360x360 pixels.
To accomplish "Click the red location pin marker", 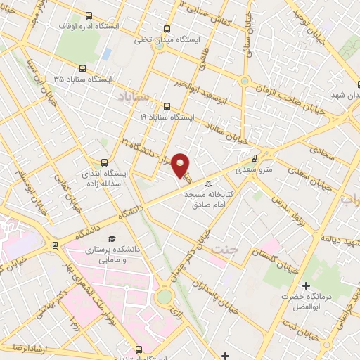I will click(x=181, y=165).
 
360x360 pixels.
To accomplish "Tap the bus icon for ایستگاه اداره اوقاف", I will click(x=89, y=15).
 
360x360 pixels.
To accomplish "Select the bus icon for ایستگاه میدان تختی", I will click(x=167, y=30).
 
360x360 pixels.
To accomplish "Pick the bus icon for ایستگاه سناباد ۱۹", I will click(x=167, y=106).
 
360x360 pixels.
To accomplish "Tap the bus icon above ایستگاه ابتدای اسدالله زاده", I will click(x=105, y=162).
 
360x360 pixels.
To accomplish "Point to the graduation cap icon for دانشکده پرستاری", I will click(x=110, y=239).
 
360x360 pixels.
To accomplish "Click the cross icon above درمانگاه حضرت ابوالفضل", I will click(x=305, y=285).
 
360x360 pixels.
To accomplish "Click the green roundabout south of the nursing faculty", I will click(x=164, y=297).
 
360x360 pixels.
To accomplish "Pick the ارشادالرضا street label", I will click(x=26, y=347).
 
